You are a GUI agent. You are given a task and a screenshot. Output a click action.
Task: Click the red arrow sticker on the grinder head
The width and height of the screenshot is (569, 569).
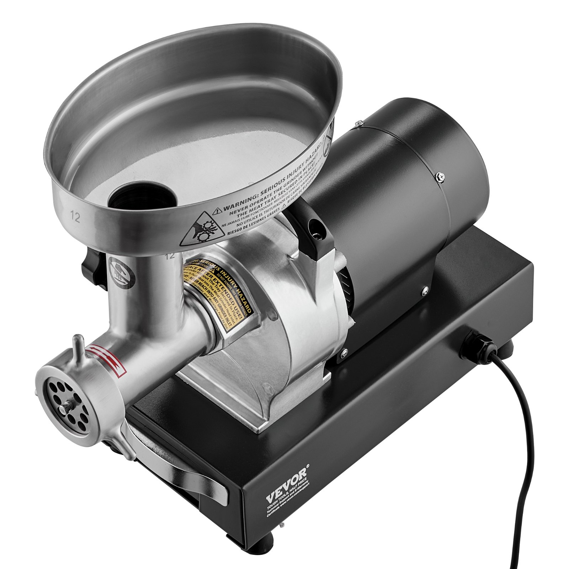click(x=109, y=357)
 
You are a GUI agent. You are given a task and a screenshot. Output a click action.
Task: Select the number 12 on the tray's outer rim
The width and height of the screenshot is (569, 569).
click(x=75, y=216)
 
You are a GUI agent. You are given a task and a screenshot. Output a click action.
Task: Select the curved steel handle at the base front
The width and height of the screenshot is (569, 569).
click(x=199, y=477)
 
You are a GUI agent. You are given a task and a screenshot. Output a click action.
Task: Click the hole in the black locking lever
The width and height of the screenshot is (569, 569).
click(x=314, y=225)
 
